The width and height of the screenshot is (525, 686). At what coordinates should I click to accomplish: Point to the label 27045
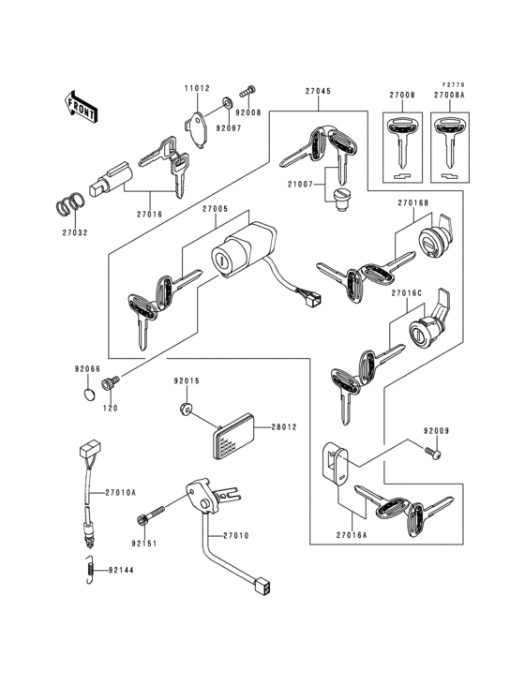click(318, 92)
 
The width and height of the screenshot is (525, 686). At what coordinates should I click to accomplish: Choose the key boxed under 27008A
click(447, 141)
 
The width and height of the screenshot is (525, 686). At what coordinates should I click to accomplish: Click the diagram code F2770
click(455, 83)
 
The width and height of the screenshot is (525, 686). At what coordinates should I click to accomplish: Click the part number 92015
click(186, 382)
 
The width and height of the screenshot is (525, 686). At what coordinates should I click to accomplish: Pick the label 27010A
click(119, 492)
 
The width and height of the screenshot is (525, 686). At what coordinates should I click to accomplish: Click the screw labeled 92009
click(432, 453)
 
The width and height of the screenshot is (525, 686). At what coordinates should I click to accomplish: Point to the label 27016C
click(407, 293)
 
